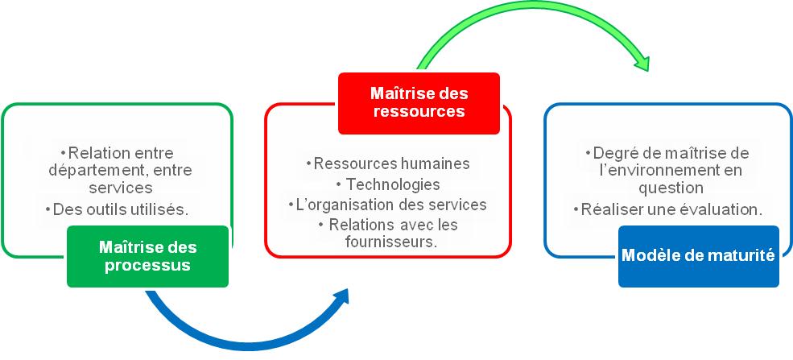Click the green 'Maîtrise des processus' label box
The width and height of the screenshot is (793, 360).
147,256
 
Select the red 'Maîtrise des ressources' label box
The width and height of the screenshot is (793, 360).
419,103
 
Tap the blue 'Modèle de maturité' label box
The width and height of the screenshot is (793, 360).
699,256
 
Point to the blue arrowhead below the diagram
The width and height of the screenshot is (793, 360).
340,297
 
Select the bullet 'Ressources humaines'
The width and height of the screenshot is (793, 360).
388,163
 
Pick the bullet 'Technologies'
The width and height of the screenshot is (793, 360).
388,184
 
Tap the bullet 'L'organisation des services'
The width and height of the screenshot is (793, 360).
388,205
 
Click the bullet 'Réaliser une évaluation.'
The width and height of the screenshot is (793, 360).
668,209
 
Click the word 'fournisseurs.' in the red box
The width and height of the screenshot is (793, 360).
391,242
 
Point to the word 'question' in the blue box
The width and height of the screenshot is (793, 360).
671,188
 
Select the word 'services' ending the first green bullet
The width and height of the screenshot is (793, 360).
121,188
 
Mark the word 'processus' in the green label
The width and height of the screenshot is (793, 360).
147,266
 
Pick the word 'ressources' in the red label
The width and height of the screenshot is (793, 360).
419,111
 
